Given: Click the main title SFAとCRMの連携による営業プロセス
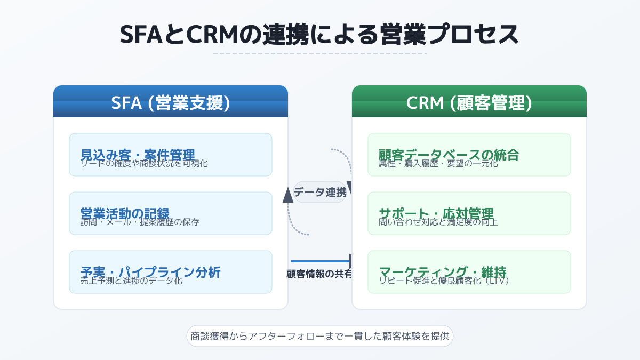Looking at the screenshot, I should [319, 35].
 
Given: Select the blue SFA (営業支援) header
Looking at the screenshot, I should [171, 103].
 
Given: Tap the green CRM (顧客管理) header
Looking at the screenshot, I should [469, 103].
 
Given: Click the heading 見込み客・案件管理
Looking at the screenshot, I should [138, 154].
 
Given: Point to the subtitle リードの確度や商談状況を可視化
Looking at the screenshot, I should [144, 164].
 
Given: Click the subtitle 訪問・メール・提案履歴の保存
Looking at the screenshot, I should [140, 222].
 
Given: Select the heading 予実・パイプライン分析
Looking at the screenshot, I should [150, 271].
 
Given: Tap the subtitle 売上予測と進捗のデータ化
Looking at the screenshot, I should [131, 281].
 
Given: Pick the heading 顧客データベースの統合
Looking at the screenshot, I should [449, 154].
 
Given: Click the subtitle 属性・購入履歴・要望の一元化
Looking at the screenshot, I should [438, 164].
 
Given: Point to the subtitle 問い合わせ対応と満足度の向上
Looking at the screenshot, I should [438, 222].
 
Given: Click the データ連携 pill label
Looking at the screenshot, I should [320, 192].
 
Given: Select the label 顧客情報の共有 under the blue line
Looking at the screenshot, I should [319, 274].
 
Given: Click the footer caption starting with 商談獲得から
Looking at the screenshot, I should [319, 337].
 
